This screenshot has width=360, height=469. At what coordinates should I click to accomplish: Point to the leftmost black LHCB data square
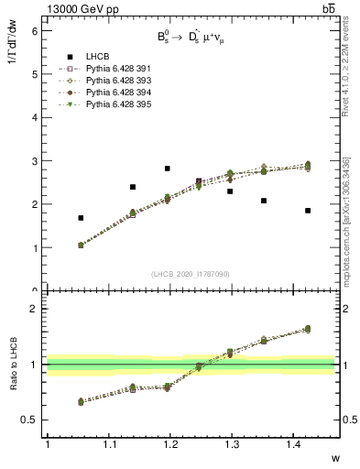click(x=81, y=218)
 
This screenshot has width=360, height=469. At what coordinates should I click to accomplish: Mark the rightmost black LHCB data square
click(x=307, y=211)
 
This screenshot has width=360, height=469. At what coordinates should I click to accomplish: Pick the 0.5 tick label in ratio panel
click(x=31, y=420)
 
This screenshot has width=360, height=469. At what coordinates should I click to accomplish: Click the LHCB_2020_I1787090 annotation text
click(x=191, y=274)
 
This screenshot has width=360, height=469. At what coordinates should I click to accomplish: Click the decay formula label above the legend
click(x=193, y=39)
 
